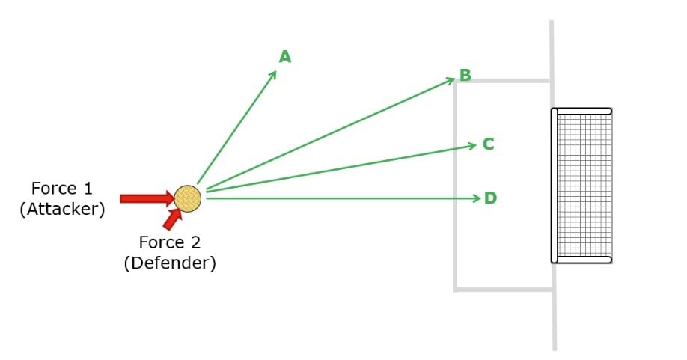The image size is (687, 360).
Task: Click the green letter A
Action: coord(285,57)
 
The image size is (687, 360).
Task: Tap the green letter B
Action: coord(465,75)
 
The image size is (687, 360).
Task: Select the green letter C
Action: coord(488,144)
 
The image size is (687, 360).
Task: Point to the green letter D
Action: coord(490,198)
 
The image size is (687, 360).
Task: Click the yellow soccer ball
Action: coord(187,199)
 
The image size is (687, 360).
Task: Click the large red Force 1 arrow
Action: coord(146,198)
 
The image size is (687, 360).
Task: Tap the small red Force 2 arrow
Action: coord(172,219)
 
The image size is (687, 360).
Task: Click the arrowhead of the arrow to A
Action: coord(274,73)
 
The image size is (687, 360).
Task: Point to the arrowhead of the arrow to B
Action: coord(451,79)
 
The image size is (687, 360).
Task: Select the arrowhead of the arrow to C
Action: coord(472,145)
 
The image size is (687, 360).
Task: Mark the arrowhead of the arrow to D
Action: coord(476,198)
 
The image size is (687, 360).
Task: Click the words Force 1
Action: coord(62,188)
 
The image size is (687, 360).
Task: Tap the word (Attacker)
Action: coord(62,209)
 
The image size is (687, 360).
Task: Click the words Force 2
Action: coord(170,242)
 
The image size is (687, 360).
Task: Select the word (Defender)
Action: coord(170,263)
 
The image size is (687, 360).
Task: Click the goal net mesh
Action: coord(584,186)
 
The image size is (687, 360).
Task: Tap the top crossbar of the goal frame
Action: coord(584,112)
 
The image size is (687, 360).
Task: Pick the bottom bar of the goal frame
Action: coord(584,260)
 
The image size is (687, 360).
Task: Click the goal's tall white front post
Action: coord(555,186)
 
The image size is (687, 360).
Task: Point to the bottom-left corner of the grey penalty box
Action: coord(455,288)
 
